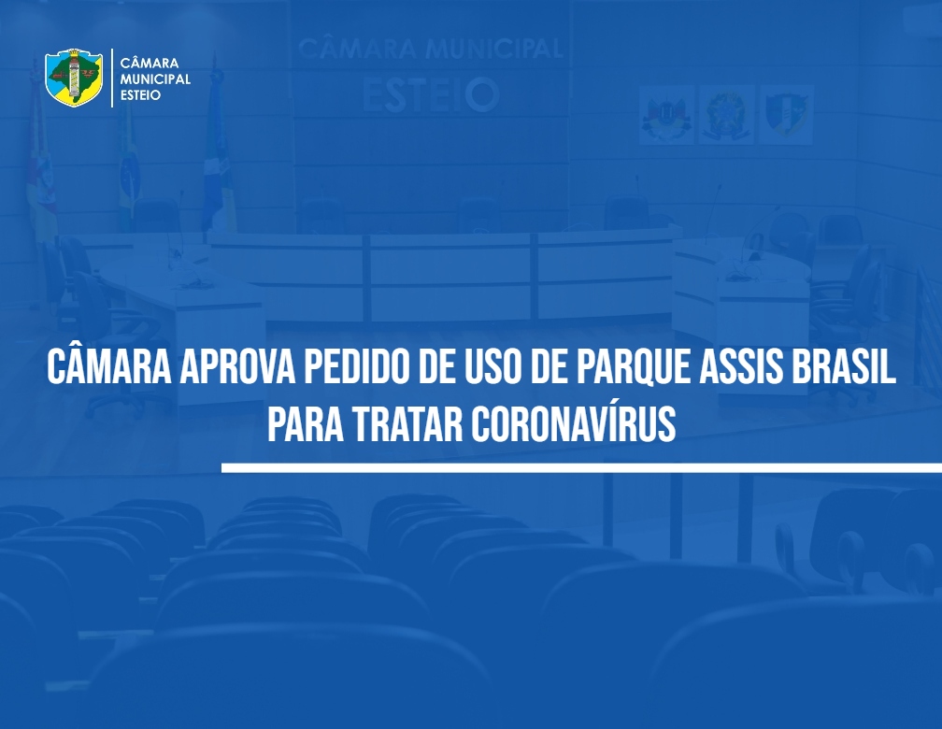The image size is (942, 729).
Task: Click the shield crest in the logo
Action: (74, 78)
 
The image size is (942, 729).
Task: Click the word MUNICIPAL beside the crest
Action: (155, 79)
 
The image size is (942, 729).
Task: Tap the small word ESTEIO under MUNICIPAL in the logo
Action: (140, 95)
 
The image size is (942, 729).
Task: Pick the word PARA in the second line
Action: (306, 423)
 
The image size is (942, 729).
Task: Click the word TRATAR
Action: (407, 423)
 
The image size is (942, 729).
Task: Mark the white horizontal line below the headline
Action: (581, 467)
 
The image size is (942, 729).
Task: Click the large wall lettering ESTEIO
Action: (431, 95)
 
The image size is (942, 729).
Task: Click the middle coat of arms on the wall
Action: (727, 115)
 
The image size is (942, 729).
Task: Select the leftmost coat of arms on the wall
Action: (666, 115)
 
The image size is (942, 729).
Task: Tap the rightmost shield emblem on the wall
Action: (787, 115)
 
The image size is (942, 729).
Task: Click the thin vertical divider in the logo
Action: (112, 79)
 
